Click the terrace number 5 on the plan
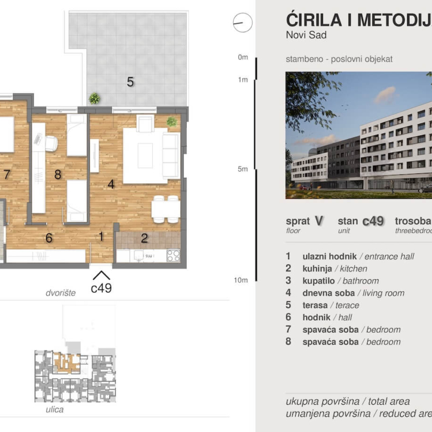(x=130, y=82)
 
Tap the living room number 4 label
(x=111, y=184)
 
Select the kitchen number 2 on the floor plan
(x=145, y=239)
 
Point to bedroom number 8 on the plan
(x=57, y=174)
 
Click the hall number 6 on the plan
(x=49, y=238)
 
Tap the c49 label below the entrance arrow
(x=101, y=288)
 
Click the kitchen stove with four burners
(x=173, y=255)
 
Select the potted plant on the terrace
(x=95, y=99)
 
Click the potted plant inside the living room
(x=172, y=121)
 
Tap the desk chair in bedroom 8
(x=51, y=143)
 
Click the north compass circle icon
(x=243, y=23)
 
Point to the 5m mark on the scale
(x=242, y=169)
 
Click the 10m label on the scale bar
(x=240, y=280)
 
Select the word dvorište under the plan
(x=60, y=292)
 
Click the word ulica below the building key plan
(x=55, y=410)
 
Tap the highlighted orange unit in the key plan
(x=67, y=362)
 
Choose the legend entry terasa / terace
(x=330, y=305)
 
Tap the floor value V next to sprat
(x=318, y=220)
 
